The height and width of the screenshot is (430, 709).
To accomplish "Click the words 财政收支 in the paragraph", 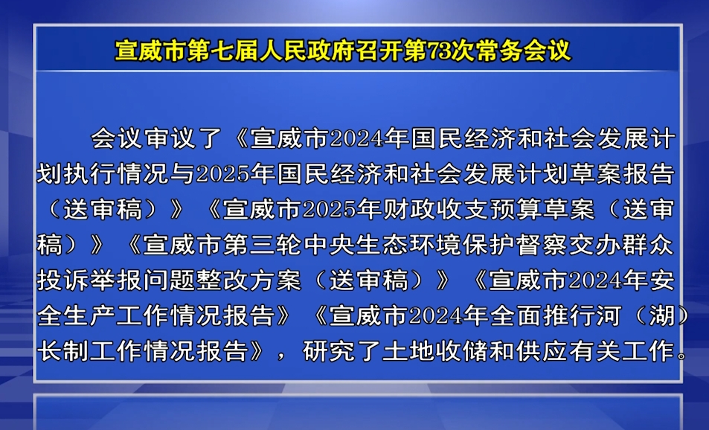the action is point(437,209).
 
